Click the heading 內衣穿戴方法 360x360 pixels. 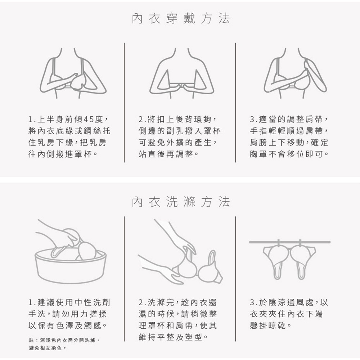pyautogui.click(x=181, y=19)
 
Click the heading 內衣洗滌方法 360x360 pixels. pyautogui.click(x=181, y=202)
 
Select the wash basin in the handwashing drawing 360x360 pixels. pyautogui.click(x=71, y=266)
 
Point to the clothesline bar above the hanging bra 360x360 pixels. pyautogui.click(x=290, y=242)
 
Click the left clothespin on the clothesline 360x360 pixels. pyautogui.click(x=279, y=244)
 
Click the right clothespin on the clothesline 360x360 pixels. pyautogui.click(x=300, y=244)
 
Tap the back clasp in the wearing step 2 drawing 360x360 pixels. pyautogui.click(x=182, y=85)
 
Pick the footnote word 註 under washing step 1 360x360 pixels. pyautogui.click(x=31, y=340)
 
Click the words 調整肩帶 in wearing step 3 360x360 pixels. pyautogui.click(x=305, y=120)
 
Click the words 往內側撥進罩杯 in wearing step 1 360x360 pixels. pyautogui.click(x=60, y=154)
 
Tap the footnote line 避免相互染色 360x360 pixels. pyautogui.click(x=46, y=348)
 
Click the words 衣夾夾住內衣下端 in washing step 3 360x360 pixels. pyautogui.click(x=286, y=314)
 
